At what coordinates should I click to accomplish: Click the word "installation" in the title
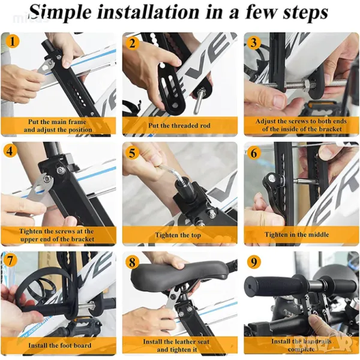coord(148,12)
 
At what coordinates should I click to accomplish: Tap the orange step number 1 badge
coord(12,41)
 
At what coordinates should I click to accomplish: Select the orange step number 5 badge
coord(132,152)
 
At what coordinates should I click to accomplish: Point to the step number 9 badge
coord(253,262)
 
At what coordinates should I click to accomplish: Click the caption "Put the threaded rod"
coord(179,125)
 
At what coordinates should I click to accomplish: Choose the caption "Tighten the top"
coord(178,235)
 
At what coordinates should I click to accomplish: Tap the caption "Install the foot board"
coord(60,346)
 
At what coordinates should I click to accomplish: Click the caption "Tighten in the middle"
coord(296,235)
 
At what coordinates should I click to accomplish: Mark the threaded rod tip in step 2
coord(197,102)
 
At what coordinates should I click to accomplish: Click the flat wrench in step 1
coord(47,69)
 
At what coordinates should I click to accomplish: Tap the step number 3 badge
coord(253,43)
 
